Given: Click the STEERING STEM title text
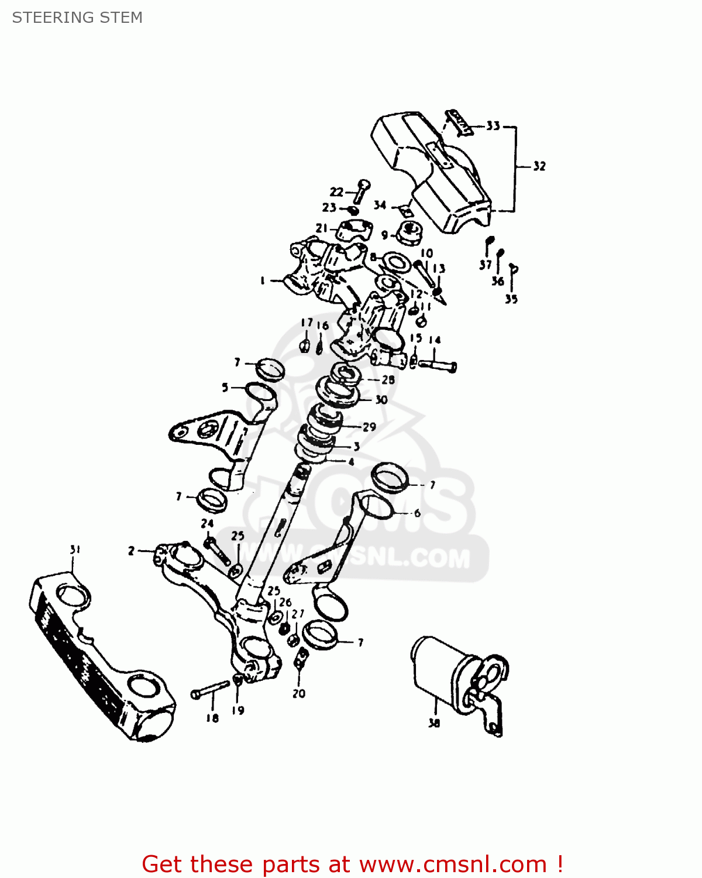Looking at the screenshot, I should pos(77,18).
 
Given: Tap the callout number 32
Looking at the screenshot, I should pos(539,166).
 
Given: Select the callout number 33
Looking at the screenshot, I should pos(493,126).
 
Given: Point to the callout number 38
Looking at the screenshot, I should pos(433,723).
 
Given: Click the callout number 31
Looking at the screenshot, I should pos(75,550).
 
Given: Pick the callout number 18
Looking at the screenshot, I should pos(212,718).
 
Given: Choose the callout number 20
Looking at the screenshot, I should pos(299,694).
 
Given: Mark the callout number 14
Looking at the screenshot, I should pos(435,340).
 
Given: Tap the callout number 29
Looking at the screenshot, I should pos(369,427).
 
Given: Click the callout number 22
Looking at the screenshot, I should pos(336,191).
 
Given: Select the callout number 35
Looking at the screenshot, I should pos(511,299).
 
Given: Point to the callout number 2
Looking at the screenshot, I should pos(132,551).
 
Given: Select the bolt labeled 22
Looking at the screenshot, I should pos(360,191).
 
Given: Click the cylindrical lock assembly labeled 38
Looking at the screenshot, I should pos(445,673).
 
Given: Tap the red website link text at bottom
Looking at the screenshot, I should pos(352,864).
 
